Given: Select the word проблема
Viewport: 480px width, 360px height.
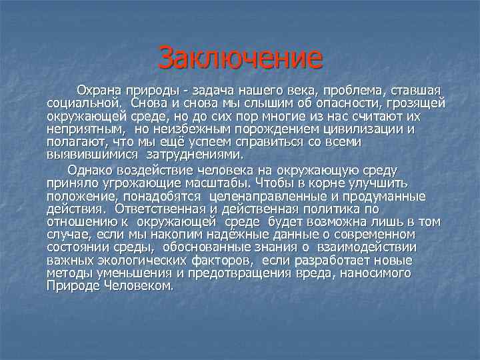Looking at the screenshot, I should click(x=339, y=90).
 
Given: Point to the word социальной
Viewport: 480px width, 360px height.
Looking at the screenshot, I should click(x=83, y=103).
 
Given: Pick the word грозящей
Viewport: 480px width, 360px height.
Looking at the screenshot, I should click(x=414, y=103).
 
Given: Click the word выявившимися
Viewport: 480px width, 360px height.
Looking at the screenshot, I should click(x=91, y=155).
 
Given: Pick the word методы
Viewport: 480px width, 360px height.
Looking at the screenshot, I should click(x=67, y=273).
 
